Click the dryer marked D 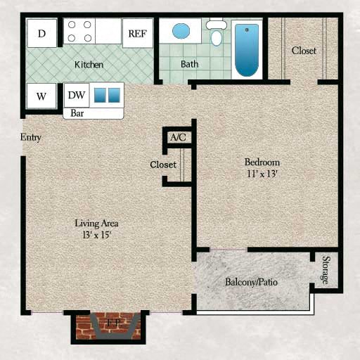coord(42,33)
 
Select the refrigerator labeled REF coord(137,33)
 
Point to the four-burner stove coord(79,31)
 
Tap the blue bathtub coord(246,49)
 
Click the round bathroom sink coord(181,31)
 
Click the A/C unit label coord(178,136)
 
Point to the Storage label coord(326,271)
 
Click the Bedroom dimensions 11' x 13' coord(264,174)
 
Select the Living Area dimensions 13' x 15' coord(96,235)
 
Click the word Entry coord(31,137)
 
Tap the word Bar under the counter coord(77,112)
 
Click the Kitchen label coord(89,65)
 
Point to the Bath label coord(189,64)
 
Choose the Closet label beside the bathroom coord(304,51)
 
